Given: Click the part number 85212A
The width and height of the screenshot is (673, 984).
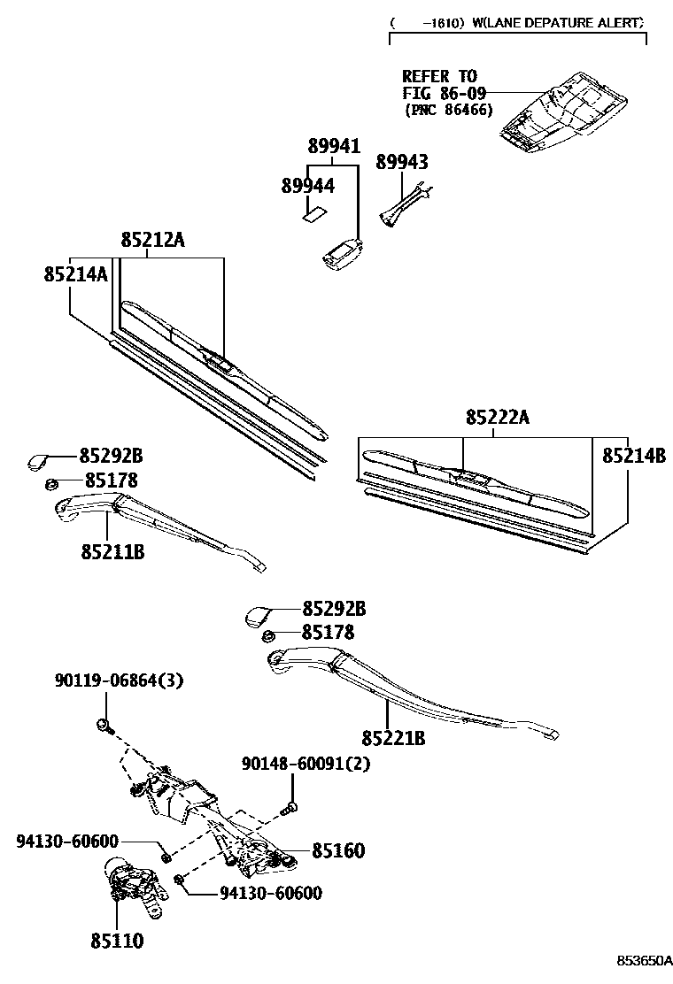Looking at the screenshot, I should tap(153, 240).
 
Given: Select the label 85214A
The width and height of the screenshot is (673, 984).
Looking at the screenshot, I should tap(75, 274).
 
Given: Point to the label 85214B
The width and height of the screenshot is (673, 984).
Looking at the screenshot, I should tap(634, 456).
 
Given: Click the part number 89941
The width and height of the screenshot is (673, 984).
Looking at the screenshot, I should tap(334, 146).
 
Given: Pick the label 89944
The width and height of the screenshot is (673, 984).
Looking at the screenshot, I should tap(307, 186).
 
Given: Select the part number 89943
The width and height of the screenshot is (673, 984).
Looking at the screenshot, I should tap(401, 162).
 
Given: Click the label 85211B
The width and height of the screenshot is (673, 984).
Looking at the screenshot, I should tap(112, 552).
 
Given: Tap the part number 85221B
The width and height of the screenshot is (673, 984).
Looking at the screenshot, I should tap(393, 737).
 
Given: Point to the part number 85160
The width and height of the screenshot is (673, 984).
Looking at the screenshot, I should tap(337, 850).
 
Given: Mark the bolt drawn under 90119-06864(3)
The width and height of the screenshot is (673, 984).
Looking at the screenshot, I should tap(104, 726).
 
